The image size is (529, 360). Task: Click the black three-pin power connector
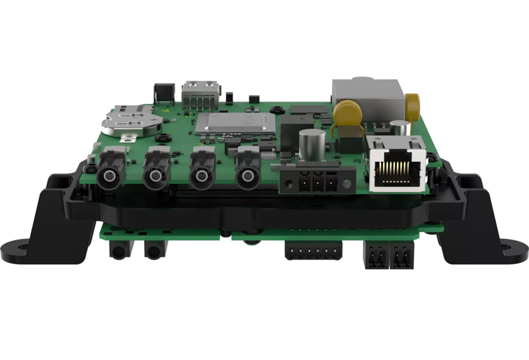pos(315,181)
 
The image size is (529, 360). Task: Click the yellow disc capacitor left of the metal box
pos(346,113)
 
